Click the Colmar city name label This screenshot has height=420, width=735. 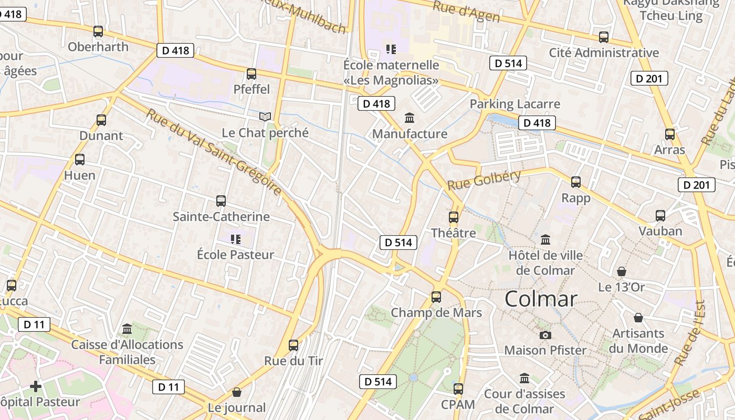[x=541, y=299]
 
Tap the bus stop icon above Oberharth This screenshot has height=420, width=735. [x=98, y=31]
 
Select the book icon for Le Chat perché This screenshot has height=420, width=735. [x=265, y=117]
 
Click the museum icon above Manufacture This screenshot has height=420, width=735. [x=409, y=118]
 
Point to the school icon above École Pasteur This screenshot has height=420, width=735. [x=236, y=239]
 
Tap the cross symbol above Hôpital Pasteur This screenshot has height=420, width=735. [x=36, y=387]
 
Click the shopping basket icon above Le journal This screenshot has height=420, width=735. [x=237, y=392]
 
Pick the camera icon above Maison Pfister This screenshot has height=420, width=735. [x=545, y=335]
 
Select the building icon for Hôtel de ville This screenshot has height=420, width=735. [x=545, y=240]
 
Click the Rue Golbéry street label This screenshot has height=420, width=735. [x=484, y=180]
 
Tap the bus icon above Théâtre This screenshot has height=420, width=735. [x=453, y=217]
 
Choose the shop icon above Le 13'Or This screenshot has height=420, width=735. [x=622, y=271]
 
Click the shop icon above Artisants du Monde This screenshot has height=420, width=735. [x=638, y=318]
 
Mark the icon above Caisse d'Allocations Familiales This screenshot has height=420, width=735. [x=127, y=329]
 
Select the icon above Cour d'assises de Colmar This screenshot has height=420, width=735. [x=524, y=379]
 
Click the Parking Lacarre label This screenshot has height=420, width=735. [x=514, y=104]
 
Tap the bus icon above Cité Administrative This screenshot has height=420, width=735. [x=604, y=37]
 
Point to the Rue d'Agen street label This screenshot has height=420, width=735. [x=466, y=12]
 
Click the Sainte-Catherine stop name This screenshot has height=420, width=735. [x=221, y=216]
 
